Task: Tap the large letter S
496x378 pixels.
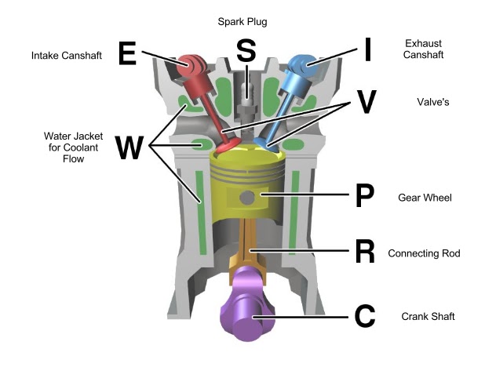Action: [x=246, y=52]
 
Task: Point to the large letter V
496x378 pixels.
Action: [x=366, y=101]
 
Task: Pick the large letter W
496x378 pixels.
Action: [x=129, y=147]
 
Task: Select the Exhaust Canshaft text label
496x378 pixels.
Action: [x=424, y=49]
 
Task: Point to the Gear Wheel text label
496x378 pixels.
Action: [x=425, y=197]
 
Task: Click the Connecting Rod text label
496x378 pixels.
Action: [x=424, y=253]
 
